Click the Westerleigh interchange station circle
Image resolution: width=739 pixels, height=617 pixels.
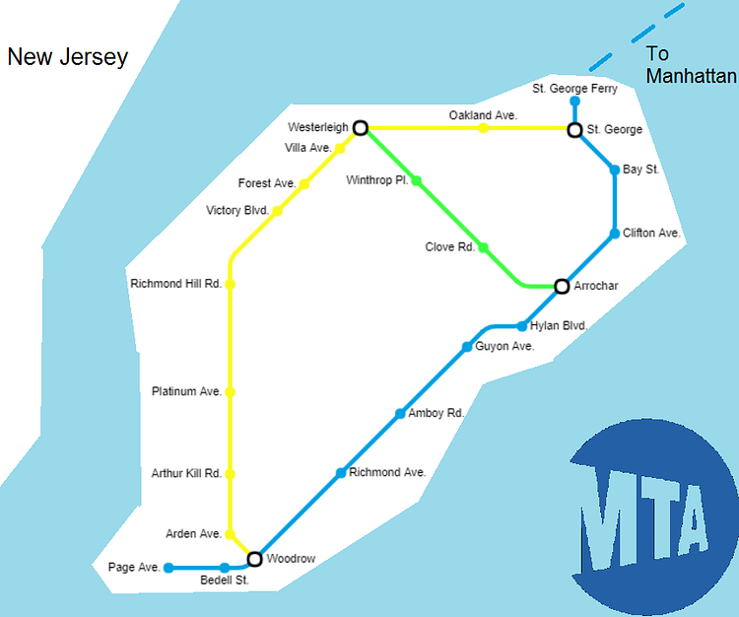pyautogui.click(x=361, y=127)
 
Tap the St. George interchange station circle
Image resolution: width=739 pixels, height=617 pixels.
pyautogui.click(x=574, y=129)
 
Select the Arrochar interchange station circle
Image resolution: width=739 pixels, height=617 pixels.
pyautogui.click(x=562, y=287)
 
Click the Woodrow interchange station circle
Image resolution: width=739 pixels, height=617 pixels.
pyautogui.click(x=254, y=559)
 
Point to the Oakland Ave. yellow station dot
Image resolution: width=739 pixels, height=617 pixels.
pyautogui.click(x=483, y=128)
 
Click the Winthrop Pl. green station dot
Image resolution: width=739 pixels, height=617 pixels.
pyautogui.click(x=416, y=180)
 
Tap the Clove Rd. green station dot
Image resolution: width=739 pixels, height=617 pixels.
pyautogui.click(x=483, y=247)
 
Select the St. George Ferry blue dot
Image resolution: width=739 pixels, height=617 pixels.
pyautogui.click(x=574, y=101)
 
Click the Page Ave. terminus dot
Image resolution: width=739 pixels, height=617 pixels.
pyautogui.click(x=168, y=568)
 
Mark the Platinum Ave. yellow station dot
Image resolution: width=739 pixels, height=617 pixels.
pyautogui.click(x=230, y=391)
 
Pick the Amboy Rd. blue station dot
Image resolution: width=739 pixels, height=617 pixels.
pyautogui.click(x=400, y=414)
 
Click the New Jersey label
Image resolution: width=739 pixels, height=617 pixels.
pyautogui.click(x=67, y=57)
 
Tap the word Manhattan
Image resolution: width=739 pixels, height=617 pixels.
pyautogui.click(x=691, y=76)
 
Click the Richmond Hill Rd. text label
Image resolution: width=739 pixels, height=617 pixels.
pyautogui.click(x=175, y=284)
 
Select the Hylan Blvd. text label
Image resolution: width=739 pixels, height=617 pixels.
pyautogui.click(x=559, y=325)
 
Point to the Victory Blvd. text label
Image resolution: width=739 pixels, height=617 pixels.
pyautogui.click(x=237, y=210)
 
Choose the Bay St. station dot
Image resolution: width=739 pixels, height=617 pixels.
pyautogui.click(x=615, y=170)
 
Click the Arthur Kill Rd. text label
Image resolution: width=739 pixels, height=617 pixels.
pyautogui.click(x=186, y=474)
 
